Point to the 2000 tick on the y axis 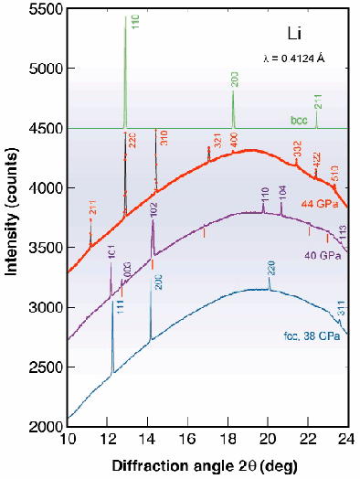[x=43, y=427]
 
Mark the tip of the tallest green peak [x=125, y=16]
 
